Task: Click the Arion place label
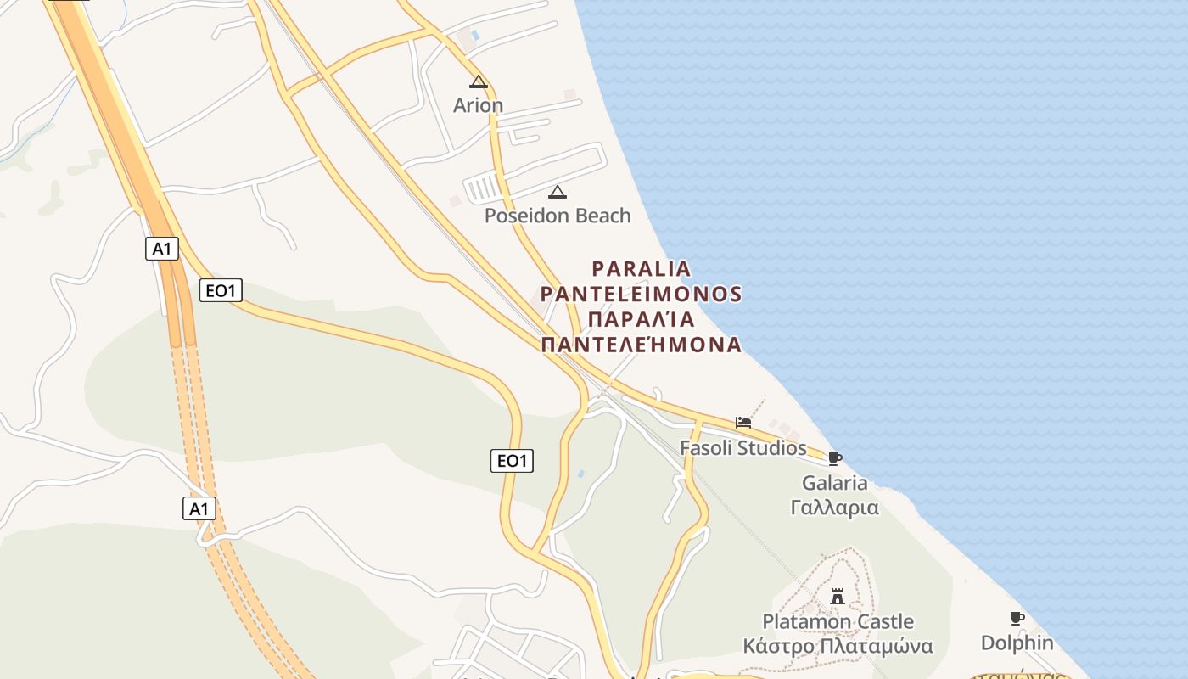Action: [478, 105]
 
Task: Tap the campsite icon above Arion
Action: [479, 82]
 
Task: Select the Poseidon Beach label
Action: [558, 216]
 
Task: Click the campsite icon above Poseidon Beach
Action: [558, 192]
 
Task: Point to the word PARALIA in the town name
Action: [642, 269]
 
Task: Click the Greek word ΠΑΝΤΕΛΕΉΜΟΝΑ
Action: [642, 345]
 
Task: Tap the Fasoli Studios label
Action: [743, 447]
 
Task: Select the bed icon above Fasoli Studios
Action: [743, 423]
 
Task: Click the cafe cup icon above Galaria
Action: [835, 458]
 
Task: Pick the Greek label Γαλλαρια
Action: [835, 508]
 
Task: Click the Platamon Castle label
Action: [838, 621]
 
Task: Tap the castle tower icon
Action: [838, 597]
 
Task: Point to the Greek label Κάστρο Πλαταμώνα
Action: [838, 646]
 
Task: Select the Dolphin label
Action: [1017, 643]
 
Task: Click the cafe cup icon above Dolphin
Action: [1017, 618]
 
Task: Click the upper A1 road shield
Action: [162, 249]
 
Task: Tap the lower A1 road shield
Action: [199, 509]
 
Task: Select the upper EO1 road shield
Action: [221, 290]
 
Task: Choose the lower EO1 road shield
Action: [512, 461]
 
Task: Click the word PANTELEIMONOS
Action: [642, 295]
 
